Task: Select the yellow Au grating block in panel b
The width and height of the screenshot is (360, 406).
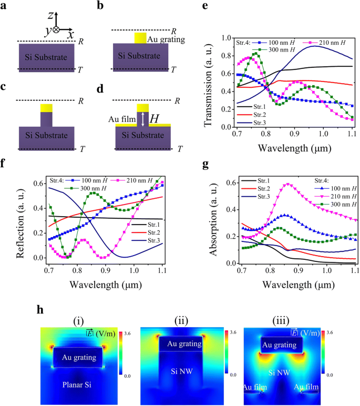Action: pos(140,38)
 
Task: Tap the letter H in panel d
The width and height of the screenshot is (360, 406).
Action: pos(153,119)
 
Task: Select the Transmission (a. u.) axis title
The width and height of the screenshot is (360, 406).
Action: pos(210,82)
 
